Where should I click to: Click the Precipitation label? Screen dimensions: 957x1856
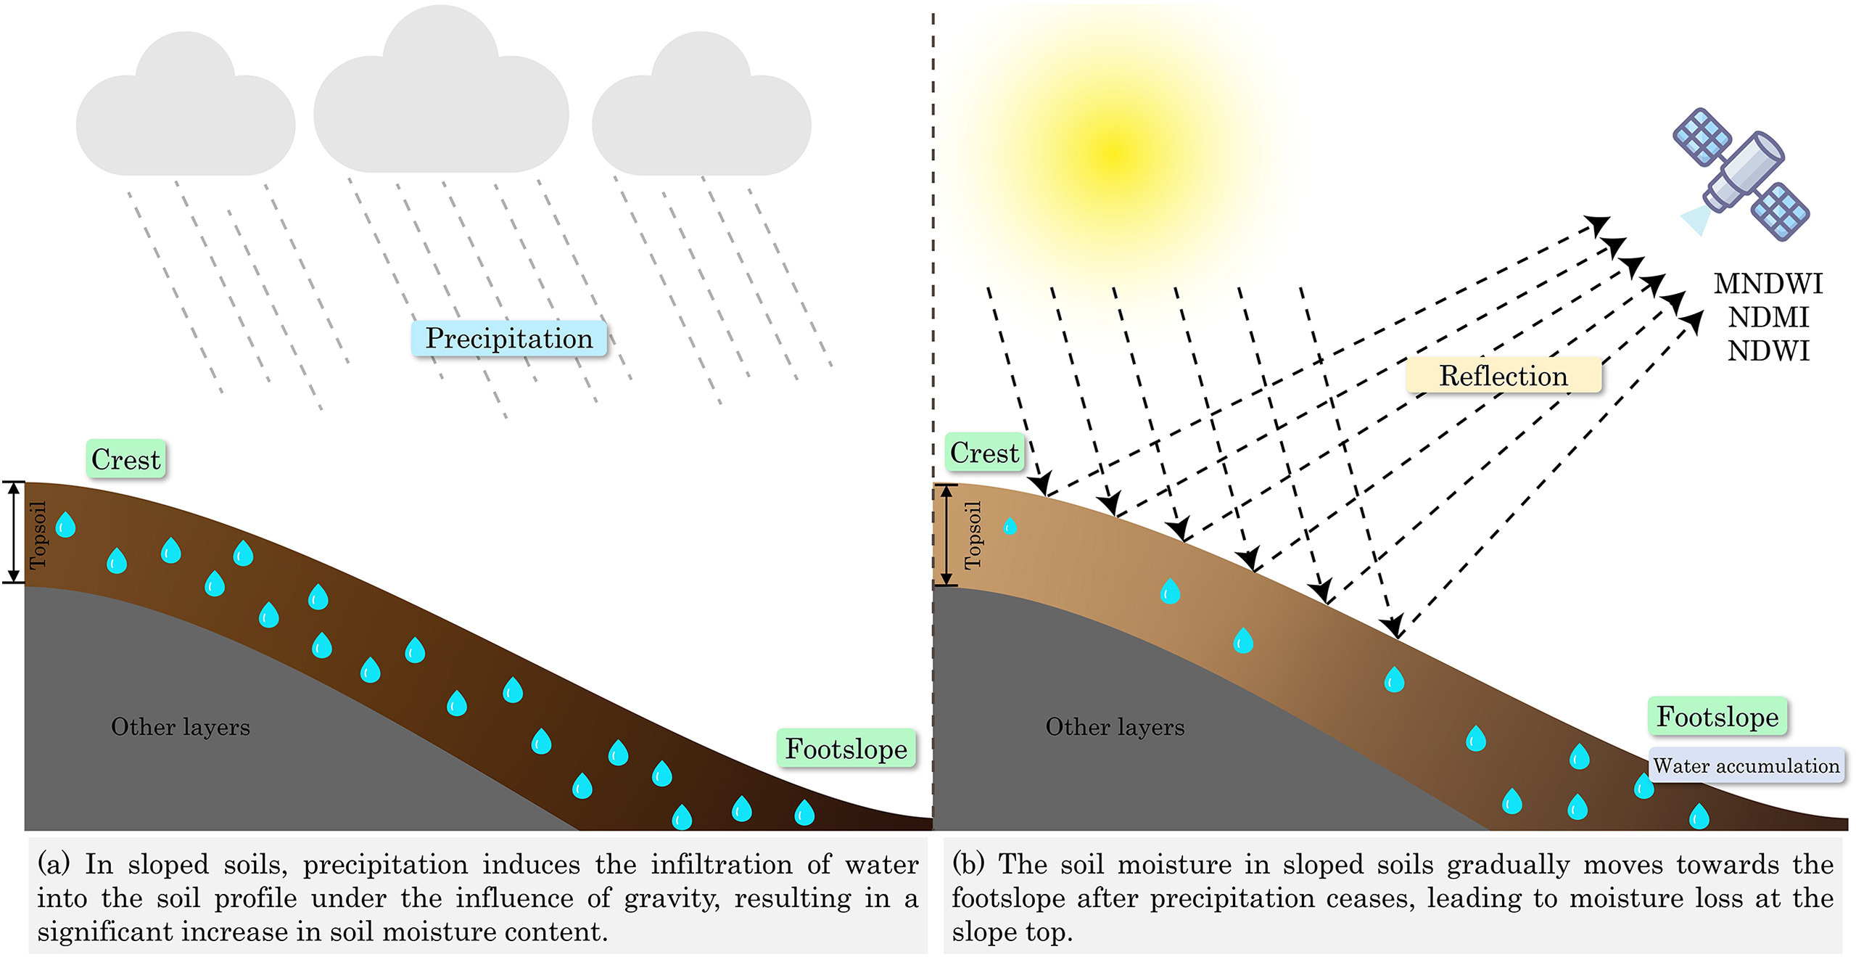508,339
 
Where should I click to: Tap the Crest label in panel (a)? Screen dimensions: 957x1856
125,459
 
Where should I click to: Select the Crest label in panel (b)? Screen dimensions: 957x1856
984,453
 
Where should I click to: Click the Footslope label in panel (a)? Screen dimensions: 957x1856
846,749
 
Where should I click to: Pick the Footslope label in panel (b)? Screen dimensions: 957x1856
1717,717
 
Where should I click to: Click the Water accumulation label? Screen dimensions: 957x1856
1746,765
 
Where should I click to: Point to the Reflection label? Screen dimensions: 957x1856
1503,376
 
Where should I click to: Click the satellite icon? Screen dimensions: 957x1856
1741,174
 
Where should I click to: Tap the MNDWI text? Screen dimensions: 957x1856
1768,284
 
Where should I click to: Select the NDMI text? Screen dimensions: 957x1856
1768,317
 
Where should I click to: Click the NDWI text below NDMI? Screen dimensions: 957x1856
1768,351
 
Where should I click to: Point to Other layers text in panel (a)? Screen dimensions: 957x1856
180,727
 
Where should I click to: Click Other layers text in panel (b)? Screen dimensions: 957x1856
1114,727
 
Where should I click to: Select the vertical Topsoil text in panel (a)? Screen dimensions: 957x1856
38,535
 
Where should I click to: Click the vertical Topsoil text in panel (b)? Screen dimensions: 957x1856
973,535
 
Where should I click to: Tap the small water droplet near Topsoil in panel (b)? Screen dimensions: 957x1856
1010,526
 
